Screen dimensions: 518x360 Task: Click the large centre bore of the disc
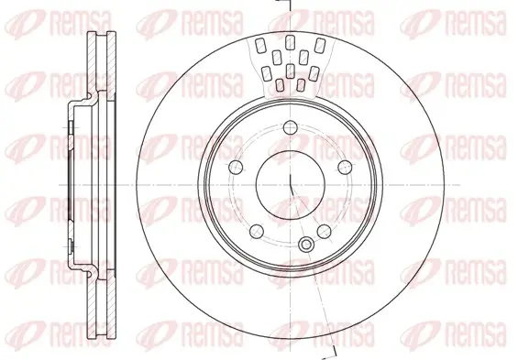click(291, 185)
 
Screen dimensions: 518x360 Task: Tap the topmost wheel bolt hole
click(291, 127)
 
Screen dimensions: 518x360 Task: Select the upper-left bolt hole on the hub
click(236, 167)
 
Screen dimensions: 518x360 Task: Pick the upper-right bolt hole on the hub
click(345, 167)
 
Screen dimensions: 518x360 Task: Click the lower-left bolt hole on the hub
click(257, 232)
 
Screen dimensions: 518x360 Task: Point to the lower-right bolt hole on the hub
click(324, 232)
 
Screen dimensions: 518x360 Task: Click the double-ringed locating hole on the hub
click(306, 245)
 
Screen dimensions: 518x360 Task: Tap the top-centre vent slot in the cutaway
click(290, 42)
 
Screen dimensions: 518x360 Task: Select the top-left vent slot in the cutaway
click(260, 46)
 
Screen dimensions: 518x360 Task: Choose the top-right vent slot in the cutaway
click(320, 45)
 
